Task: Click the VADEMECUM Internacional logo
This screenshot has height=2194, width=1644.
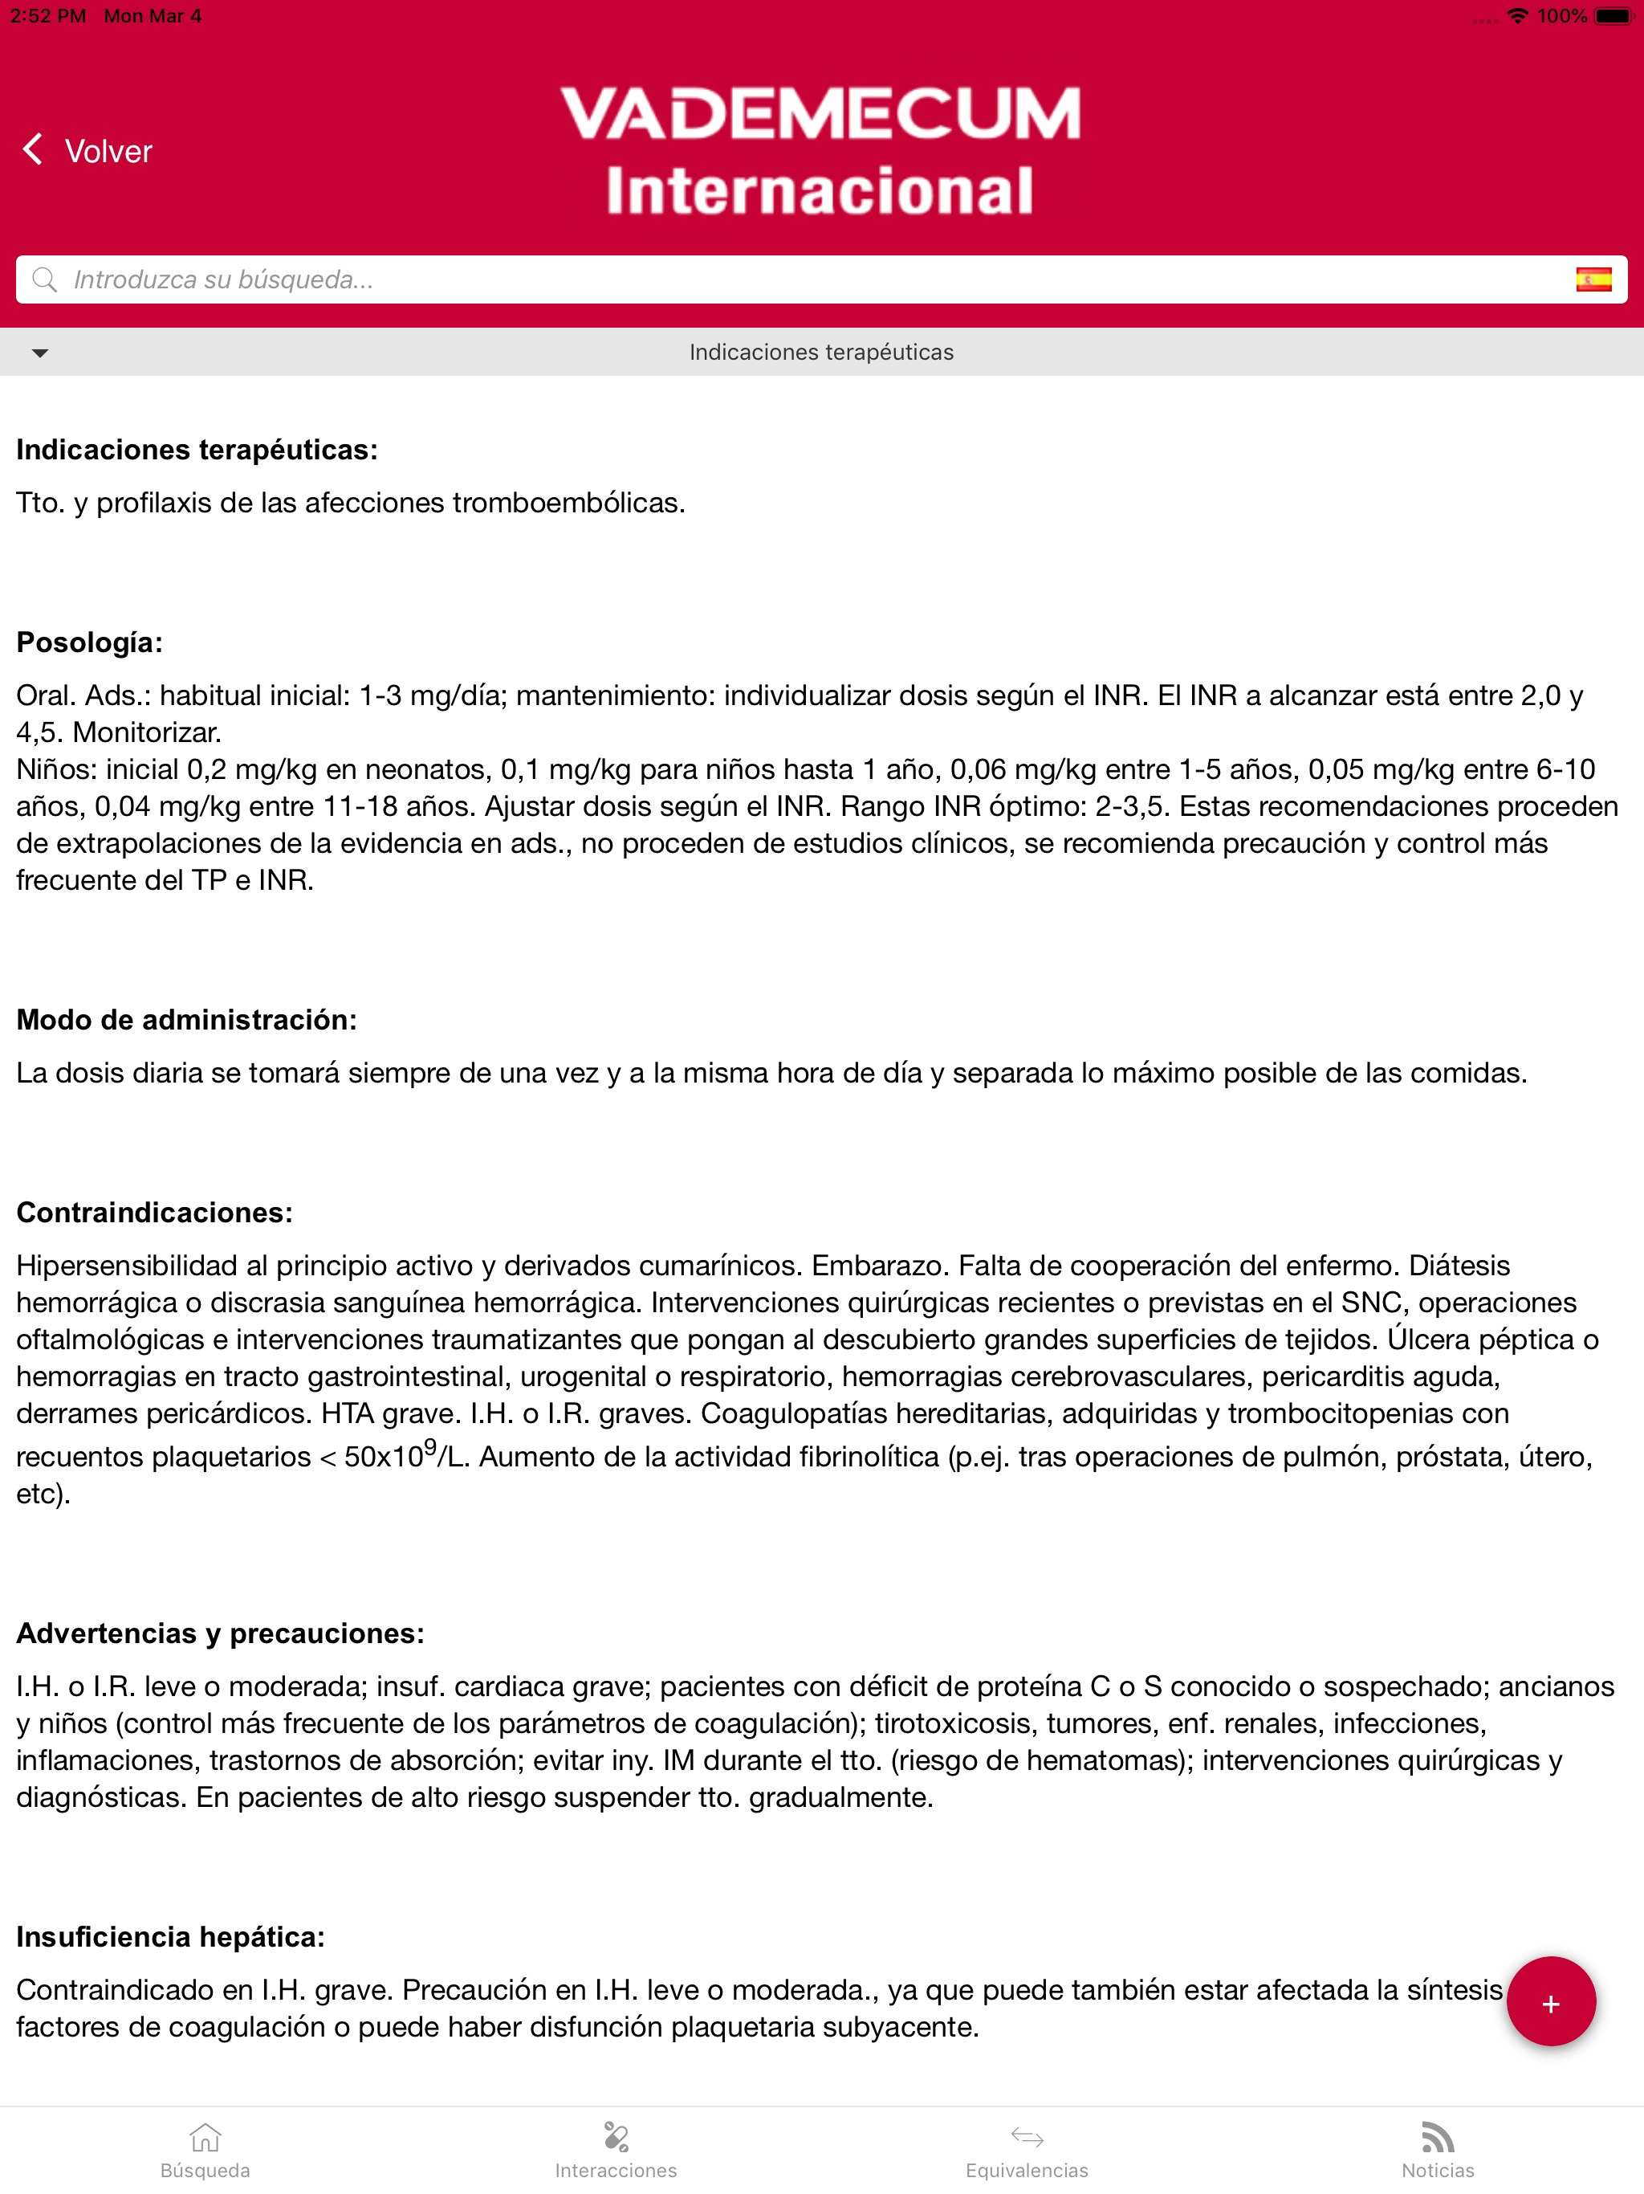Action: [x=820, y=151]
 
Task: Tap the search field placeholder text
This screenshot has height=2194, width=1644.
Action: [x=223, y=279]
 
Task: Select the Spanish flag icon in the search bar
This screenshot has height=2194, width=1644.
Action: [x=1593, y=279]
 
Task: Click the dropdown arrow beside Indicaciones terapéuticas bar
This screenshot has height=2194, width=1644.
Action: [x=39, y=352]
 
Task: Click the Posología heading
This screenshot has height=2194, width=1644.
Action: [x=89, y=642]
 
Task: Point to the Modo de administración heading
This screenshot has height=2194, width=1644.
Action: [x=186, y=1020]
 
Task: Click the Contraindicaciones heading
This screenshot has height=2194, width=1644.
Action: [x=153, y=1212]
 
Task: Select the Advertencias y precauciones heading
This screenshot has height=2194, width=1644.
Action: [x=220, y=1633]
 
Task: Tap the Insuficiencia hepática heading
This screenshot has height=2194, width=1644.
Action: [x=170, y=1937]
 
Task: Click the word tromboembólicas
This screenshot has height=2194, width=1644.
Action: [x=568, y=503]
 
